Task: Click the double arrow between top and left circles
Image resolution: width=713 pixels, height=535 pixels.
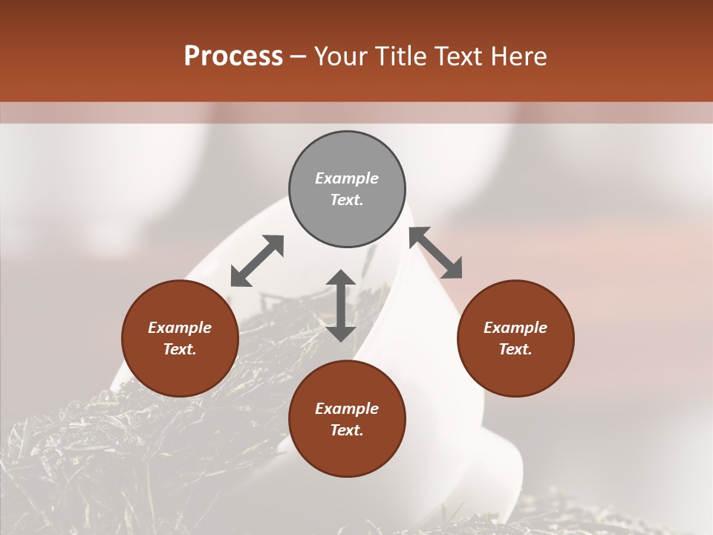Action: tap(257, 261)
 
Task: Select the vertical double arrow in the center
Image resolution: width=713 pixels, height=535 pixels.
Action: tap(341, 305)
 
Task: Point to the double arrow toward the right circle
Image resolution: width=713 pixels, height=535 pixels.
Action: tap(436, 253)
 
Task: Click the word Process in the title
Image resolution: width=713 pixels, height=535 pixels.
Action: tap(233, 56)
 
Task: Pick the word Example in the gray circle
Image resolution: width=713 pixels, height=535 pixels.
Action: tap(347, 178)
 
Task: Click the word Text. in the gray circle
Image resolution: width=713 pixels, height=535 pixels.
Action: tap(347, 200)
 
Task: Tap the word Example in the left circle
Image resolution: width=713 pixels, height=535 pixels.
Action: tap(180, 328)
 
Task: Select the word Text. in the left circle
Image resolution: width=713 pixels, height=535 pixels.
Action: tap(180, 349)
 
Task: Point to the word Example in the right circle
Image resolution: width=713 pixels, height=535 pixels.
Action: tap(515, 328)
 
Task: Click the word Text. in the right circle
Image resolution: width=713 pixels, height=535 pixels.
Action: tap(515, 349)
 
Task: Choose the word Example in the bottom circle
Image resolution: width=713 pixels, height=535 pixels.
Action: tap(347, 409)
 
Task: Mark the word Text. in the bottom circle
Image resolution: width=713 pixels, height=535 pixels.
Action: tap(347, 430)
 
